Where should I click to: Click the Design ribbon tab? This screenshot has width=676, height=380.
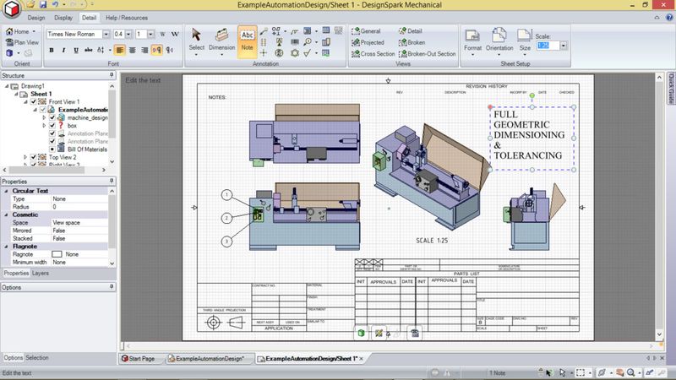click(x=36, y=16)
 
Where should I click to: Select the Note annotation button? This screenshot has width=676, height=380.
click(x=248, y=40)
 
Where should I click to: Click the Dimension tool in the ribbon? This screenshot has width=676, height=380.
click(x=222, y=40)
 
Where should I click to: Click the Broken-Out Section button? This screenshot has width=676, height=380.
click(x=431, y=53)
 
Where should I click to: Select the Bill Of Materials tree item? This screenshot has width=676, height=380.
click(x=87, y=149)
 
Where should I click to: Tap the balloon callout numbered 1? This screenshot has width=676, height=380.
click(x=227, y=194)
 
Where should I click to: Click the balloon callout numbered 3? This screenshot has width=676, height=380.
click(x=227, y=242)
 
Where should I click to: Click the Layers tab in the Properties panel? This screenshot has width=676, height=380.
click(x=41, y=274)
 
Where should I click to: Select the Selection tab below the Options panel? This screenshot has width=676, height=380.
click(x=37, y=358)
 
